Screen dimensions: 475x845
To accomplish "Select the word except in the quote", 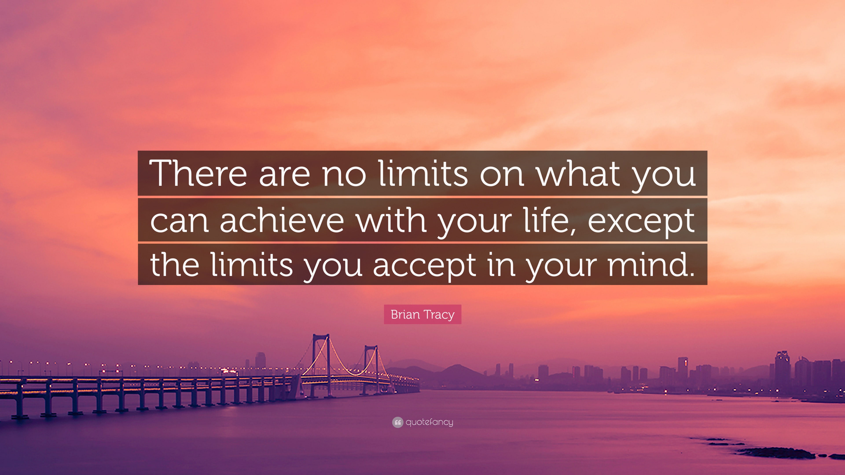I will [x=641, y=221].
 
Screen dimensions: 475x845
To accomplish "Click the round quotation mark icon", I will [x=397, y=422].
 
